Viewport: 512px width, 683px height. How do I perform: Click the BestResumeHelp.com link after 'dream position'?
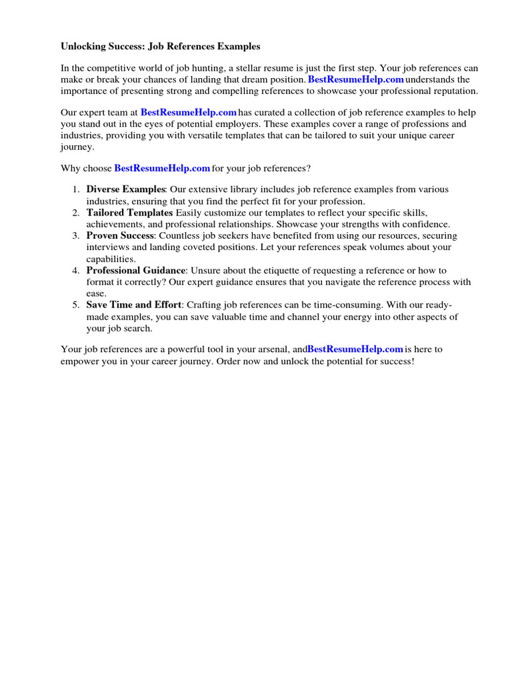point(356,79)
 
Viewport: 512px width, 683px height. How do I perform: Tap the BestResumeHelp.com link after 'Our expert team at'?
point(189,112)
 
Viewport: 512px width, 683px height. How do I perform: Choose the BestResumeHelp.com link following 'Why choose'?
point(163,168)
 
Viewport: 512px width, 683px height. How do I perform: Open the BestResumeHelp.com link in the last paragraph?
point(355,349)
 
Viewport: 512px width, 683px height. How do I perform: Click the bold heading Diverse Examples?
point(125,189)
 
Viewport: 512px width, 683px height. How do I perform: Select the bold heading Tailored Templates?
point(129,213)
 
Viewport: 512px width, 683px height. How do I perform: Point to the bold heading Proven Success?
point(120,236)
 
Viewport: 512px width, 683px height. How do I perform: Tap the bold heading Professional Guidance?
point(135,271)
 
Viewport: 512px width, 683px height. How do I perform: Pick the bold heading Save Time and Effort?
point(133,305)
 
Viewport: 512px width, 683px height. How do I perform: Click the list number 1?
point(75,190)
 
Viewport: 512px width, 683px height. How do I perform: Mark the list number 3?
point(75,236)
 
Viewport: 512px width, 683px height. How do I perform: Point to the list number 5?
point(75,305)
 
